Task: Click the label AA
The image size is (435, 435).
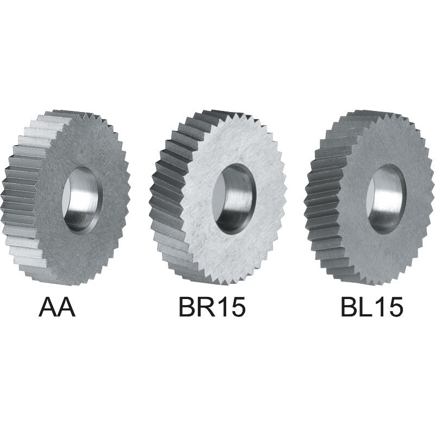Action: point(57,307)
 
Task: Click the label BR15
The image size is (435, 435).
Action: point(212,307)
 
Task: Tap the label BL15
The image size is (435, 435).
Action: point(371,307)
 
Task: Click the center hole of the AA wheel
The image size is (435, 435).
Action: point(83,199)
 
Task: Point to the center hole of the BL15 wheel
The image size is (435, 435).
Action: point(387,199)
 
